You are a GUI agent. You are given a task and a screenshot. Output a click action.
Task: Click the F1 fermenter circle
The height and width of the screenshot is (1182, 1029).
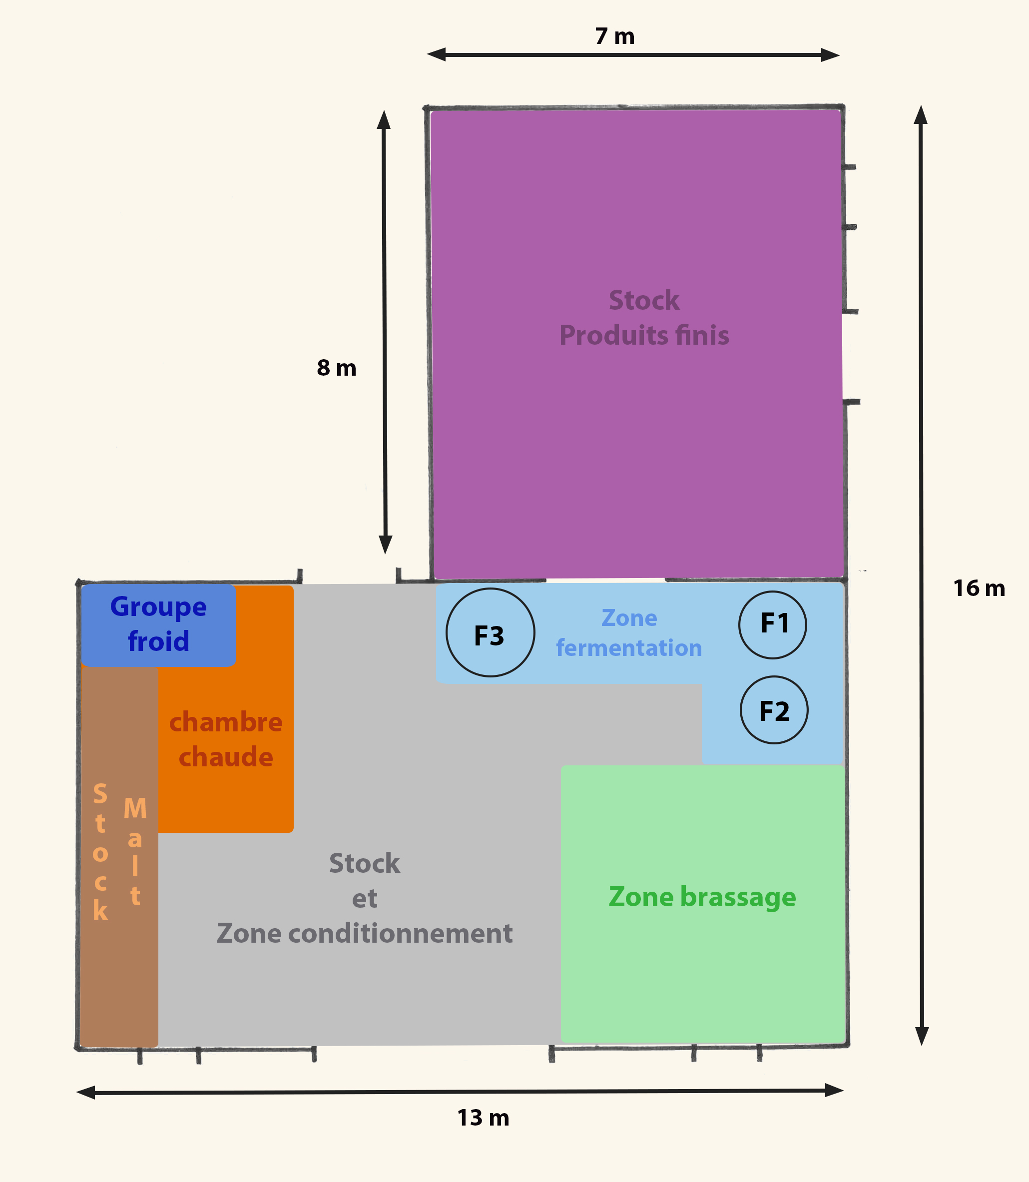click(x=772, y=625)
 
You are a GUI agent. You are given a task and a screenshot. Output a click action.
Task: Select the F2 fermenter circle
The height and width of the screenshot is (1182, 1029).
click(x=774, y=710)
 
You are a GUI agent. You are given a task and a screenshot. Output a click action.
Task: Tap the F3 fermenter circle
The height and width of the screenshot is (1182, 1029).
click(x=491, y=632)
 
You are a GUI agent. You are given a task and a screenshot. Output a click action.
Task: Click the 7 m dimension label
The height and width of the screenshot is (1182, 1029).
click(x=614, y=36)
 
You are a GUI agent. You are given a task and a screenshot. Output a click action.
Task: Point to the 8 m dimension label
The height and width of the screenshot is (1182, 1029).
click(x=337, y=368)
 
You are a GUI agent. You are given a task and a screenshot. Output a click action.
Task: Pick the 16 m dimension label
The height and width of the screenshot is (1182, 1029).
click(x=979, y=588)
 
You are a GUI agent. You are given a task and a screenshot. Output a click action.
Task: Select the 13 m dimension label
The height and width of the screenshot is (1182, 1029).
click(x=483, y=1118)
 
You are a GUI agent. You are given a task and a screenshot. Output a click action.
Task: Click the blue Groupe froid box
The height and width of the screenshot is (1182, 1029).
click(x=158, y=625)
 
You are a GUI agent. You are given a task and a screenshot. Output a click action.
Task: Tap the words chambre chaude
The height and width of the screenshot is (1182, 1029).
click(x=226, y=739)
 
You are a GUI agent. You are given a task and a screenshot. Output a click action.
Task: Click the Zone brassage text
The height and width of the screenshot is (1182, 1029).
click(x=702, y=897)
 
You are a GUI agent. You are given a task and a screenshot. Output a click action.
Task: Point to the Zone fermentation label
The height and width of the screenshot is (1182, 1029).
click(x=629, y=633)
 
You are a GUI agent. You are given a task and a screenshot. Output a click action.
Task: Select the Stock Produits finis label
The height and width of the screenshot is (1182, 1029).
click(x=644, y=318)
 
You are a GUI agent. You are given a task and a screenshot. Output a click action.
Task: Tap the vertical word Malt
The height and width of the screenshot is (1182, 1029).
click(x=135, y=851)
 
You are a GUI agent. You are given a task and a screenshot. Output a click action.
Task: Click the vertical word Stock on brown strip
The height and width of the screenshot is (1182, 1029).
click(x=100, y=852)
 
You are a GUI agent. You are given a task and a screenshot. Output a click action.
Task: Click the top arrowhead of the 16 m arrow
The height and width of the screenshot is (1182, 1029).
click(x=921, y=114)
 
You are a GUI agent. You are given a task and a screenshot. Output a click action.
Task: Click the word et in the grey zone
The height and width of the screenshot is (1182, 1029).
click(x=365, y=899)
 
